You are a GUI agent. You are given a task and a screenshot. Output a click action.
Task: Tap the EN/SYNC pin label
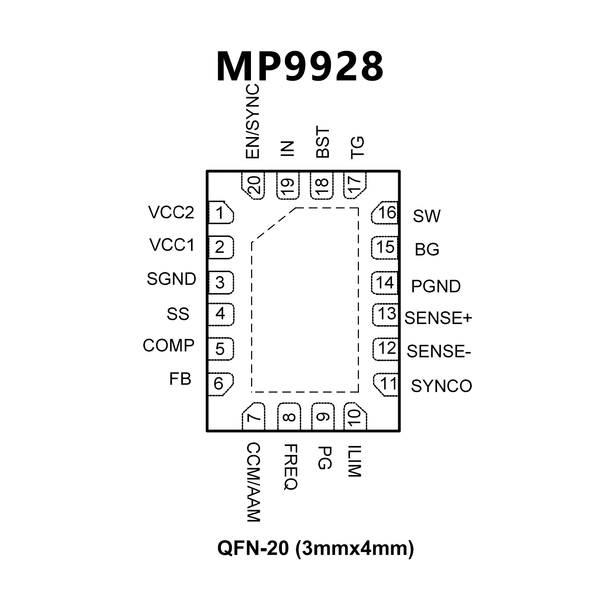point(253,122)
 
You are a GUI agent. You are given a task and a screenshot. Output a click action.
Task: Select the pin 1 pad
point(220,213)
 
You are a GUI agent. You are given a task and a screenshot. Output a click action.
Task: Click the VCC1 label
point(172,245)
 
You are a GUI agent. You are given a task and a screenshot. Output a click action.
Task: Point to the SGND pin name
point(171,279)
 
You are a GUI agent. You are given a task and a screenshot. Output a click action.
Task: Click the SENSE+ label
point(438,318)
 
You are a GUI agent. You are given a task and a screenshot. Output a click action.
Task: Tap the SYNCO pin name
point(441,386)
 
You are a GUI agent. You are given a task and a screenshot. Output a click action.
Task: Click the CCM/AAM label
point(254,482)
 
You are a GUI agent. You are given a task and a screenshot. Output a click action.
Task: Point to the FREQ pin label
point(290,467)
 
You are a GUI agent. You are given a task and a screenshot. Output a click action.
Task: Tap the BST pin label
point(323,142)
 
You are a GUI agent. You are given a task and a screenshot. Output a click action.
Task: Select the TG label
point(357,147)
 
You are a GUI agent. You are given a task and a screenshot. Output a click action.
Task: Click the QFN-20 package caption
point(316,548)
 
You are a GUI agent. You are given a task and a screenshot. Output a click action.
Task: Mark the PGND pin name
point(436,286)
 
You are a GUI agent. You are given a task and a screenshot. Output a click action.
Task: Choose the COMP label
point(168,345)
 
